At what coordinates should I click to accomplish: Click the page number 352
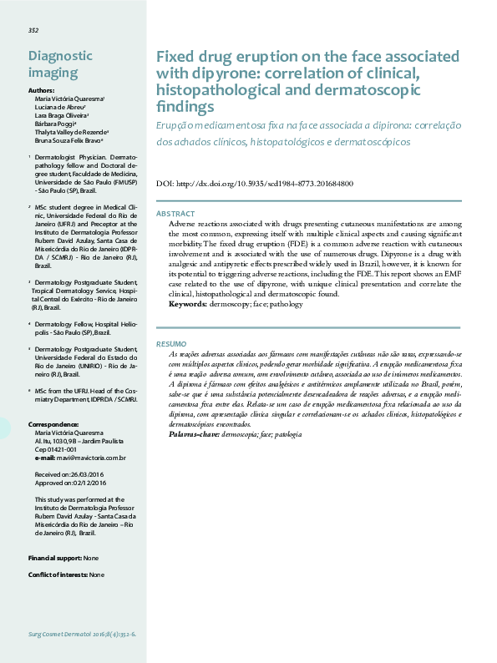point(33,30)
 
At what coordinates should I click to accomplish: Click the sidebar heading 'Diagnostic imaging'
point(60,63)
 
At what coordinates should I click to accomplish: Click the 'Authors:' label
point(41,89)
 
